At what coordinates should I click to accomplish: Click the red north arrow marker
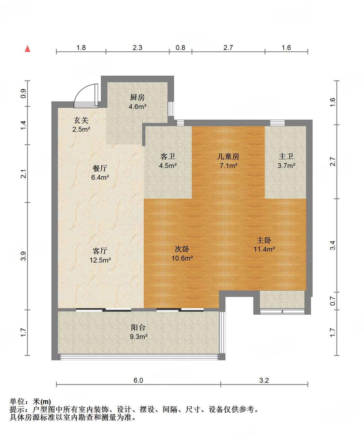[x=27, y=49]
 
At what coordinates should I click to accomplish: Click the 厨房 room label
[x=137, y=97]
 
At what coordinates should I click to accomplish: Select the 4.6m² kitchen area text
[x=137, y=107]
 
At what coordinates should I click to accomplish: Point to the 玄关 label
[x=81, y=120]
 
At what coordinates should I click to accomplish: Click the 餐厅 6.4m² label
[x=100, y=173]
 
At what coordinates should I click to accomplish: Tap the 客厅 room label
[x=100, y=251]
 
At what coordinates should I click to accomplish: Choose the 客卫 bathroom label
[x=168, y=156]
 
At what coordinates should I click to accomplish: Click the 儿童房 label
[x=228, y=156]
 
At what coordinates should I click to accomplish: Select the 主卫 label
[x=286, y=156]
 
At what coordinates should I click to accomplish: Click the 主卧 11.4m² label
[x=264, y=244]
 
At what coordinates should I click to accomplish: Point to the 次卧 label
[x=182, y=249]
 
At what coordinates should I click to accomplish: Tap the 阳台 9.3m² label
[x=138, y=332]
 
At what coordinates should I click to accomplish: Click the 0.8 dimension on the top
[x=180, y=48]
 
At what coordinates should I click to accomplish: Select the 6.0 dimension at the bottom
[x=138, y=380]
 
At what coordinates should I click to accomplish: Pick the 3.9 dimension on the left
[x=24, y=256]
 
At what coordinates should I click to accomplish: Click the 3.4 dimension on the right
[x=333, y=245]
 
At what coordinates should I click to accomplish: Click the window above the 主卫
[x=277, y=123]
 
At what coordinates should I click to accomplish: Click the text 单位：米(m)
[x=30, y=401]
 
